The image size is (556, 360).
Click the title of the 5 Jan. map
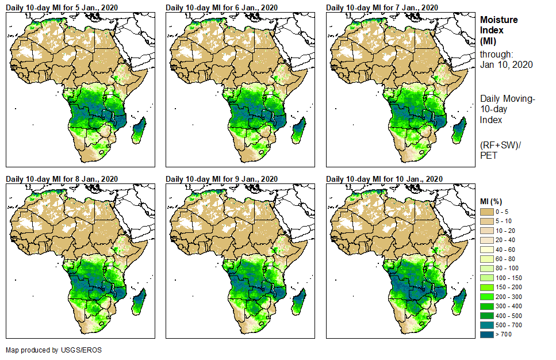pos(62,7)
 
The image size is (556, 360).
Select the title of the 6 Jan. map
pos(222,7)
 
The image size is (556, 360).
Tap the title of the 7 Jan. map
pos(382,7)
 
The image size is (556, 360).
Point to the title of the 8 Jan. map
pos(62,179)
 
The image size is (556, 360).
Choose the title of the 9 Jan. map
pos(222,179)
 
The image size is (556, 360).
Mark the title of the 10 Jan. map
pos(384,179)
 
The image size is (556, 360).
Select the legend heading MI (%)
pos(493,201)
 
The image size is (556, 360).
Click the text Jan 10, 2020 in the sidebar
pos(506,64)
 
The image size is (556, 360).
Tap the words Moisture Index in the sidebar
pos(499,25)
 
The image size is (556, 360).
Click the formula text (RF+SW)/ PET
pos(500,148)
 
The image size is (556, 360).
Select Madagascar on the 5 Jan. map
pos(139,129)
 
